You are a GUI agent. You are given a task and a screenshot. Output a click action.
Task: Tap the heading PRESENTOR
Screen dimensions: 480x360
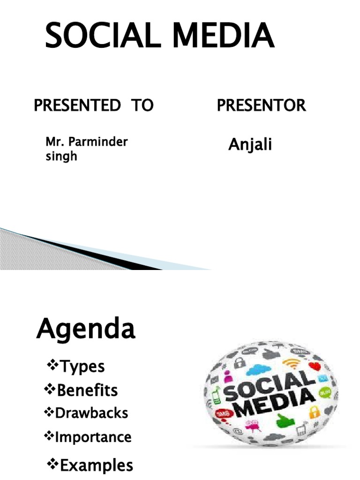261,105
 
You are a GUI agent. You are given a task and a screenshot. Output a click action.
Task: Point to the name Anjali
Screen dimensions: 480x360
250,145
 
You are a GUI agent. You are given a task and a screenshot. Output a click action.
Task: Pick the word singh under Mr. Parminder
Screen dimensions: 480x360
61,156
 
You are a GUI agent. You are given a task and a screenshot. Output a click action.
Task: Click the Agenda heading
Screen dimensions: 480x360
86,330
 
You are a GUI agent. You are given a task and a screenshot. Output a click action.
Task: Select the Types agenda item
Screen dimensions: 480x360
82,366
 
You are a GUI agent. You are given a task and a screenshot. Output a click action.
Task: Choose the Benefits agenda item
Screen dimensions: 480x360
87,390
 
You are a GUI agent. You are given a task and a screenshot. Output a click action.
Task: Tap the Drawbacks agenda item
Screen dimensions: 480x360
91,413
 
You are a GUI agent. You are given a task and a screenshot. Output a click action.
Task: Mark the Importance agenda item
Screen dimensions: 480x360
93,437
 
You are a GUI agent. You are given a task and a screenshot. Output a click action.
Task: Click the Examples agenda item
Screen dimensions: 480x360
96,465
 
